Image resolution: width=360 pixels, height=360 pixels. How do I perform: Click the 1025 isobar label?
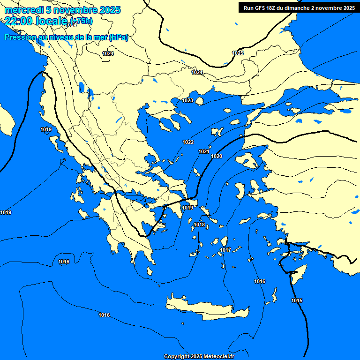click(x=238, y=53)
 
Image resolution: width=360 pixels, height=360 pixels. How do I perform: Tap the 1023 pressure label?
click(x=187, y=101)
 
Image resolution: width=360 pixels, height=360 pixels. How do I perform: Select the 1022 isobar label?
click(x=188, y=142)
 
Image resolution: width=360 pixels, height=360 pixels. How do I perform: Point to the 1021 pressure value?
click(x=203, y=151)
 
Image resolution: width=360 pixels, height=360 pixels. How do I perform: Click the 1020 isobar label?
click(x=217, y=156)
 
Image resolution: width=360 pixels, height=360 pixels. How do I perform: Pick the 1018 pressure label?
click(x=199, y=225)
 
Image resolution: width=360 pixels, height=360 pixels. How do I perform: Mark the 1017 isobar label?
click(x=225, y=250)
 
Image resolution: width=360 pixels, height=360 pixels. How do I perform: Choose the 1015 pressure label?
click(x=296, y=300)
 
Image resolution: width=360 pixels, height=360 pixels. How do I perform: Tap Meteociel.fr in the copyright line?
click(x=218, y=357)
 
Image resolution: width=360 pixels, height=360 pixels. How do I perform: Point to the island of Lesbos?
click(x=247, y=161)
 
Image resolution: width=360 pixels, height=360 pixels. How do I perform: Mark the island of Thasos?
click(x=199, y=101)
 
